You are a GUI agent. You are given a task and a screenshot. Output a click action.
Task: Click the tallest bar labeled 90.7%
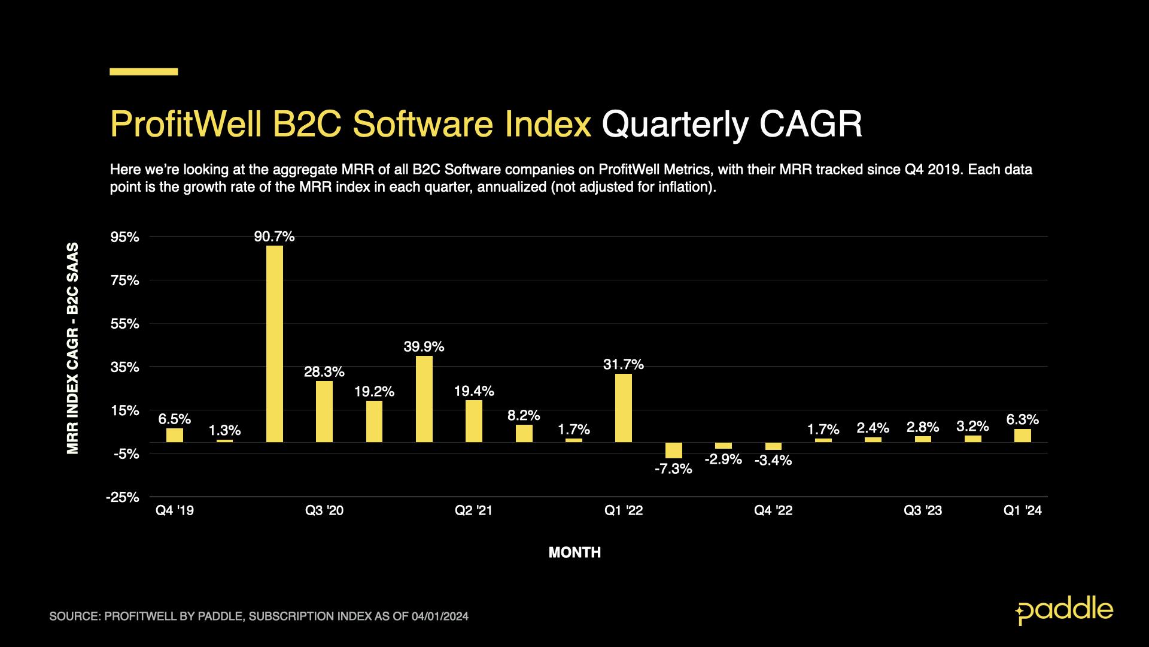[275, 344]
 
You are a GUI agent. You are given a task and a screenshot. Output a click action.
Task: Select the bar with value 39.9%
[424, 399]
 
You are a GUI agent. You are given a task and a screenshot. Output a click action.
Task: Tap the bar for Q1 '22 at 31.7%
[624, 408]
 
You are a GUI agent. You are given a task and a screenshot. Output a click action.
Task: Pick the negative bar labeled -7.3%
[674, 451]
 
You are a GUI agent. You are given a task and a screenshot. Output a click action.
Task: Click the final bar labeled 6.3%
[1023, 436]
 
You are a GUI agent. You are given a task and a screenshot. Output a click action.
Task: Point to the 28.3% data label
[324, 372]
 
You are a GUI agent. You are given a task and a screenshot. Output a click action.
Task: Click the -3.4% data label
[773, 461]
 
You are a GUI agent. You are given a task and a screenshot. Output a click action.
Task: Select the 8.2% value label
[524, 415]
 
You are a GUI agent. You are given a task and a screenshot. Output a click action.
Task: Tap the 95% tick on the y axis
[126, 237]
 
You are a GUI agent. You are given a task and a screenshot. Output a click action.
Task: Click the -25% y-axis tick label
[123, 497]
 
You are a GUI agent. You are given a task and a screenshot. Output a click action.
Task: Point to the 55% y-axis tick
[126, 324]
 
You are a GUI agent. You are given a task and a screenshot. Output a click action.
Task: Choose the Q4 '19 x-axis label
[175, 510]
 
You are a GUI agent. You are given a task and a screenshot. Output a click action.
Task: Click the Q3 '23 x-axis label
[923, 510]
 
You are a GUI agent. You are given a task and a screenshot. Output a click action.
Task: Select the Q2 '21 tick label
[474, 510]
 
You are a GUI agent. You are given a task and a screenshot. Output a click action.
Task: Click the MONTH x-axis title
[574, 553]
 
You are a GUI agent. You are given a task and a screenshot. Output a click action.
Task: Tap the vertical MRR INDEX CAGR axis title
[73, 347]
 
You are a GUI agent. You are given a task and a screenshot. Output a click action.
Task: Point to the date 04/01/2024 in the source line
[440, 616]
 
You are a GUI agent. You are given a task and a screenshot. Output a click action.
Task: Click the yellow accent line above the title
[144, 72]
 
